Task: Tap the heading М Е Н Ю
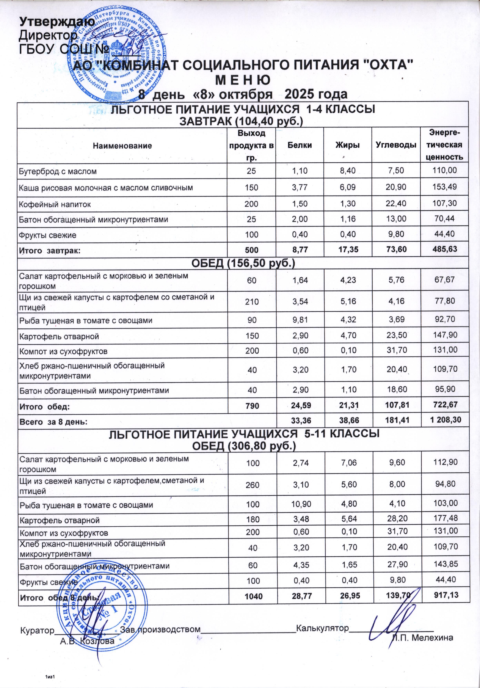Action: tap(243, 80)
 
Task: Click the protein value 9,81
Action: tap(300, 320)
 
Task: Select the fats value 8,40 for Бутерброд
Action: tap(348, 171)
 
